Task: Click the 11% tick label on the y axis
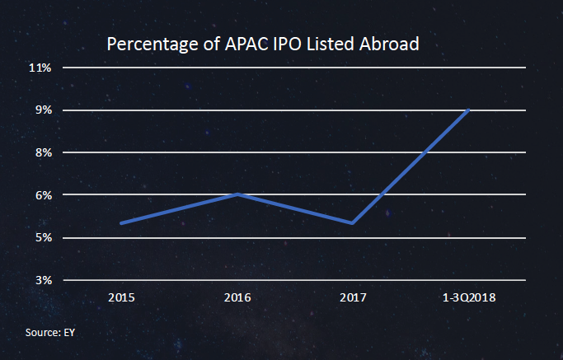pyautogui.click(x=41, y=68)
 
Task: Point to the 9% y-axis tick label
pyautogui.click(x=44, y=110)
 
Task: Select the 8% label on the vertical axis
pyautogui.click(x=44, y=153)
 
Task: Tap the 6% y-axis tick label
pyautogui.click(x=44, y=195)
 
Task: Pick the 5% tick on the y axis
pyautogui.click(x=44, y=238)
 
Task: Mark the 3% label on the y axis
pyautogui.click(x=44, y=281)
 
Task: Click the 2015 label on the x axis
pyautogui.click(x=121, y=297)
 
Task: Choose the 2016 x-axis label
pyautogui.click(x=237, y=297)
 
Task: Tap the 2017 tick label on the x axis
pyautogui.click(x=353, y=297)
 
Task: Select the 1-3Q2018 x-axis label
pyautogui.click(x=469, y=297)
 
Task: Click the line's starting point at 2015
pyautogui.click(x=121, y=223)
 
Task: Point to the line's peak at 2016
pyautogui.click(x=237, y=194)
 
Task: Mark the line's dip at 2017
pyautogui.click(x=353, y=223)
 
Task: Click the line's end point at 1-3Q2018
pyautogui.click(x=469, y=110)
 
